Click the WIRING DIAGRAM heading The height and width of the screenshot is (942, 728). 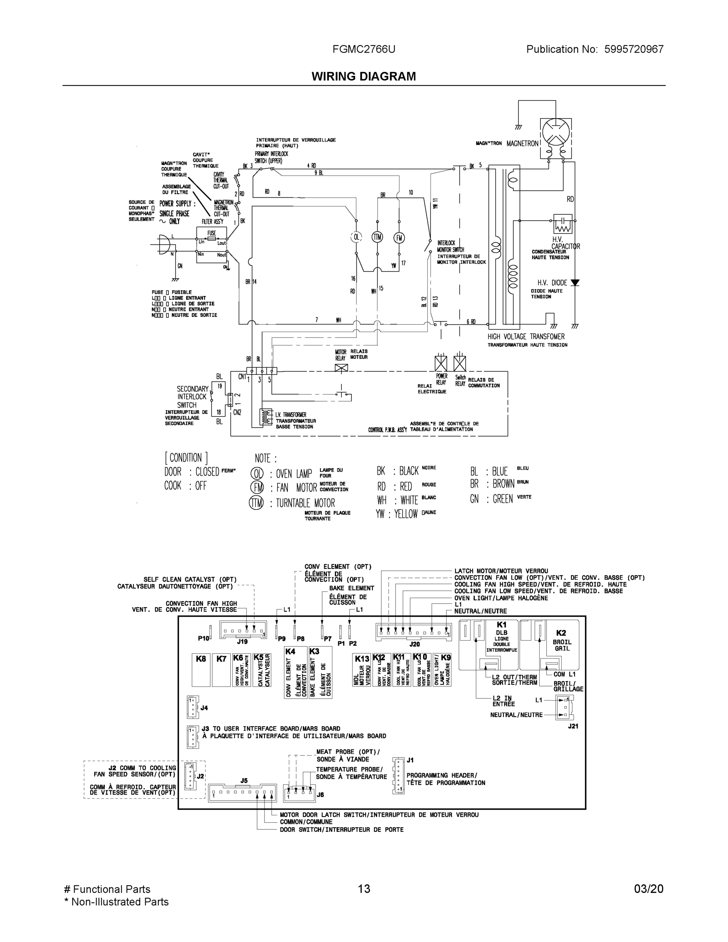(x=363, y=77)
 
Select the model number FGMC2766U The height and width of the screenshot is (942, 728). (x=363, y=49)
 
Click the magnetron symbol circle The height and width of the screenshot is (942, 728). (x=556, y=132)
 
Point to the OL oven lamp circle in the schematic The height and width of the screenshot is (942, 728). (x=356, y=237)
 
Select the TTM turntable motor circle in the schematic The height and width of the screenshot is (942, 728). (x=378, y=237)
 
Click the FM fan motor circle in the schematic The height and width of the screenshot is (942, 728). (x=399, y=237)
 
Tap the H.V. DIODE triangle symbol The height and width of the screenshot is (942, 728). (x=575, y=283)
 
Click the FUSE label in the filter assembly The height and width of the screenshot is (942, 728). (x=211, y=233)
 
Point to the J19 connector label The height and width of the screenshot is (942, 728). (x=243, y=642)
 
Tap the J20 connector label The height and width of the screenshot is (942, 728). (x=414, y=644)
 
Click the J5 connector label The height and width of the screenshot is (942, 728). (x=244, y=781)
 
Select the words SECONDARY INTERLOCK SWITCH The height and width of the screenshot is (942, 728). (x=192, y=397)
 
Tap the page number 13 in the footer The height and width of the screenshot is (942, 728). (x=363, y=889)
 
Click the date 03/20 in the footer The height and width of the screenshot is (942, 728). (x=648, y=889)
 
